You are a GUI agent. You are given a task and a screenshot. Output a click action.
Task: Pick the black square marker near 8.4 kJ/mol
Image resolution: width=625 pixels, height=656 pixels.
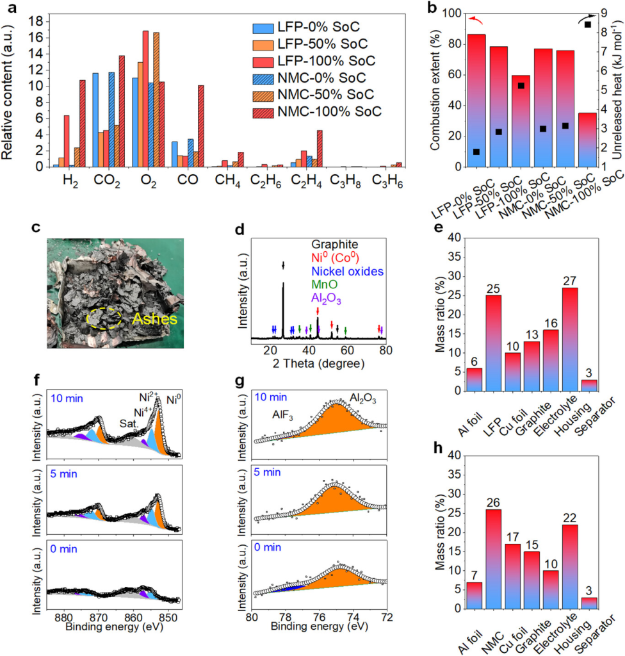coord(605,24)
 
